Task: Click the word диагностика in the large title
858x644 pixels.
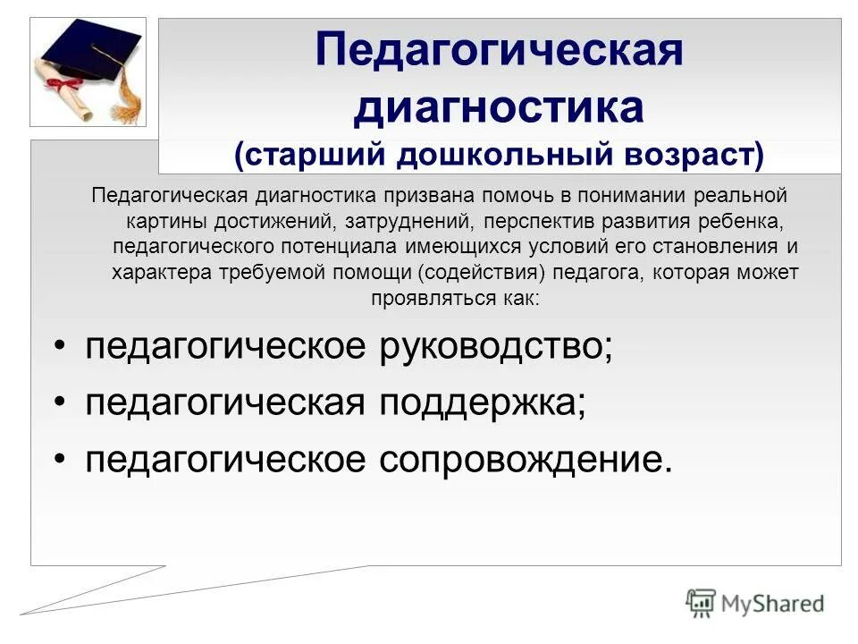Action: tap(499, 108)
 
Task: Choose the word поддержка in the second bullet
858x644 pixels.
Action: tap(479, 403)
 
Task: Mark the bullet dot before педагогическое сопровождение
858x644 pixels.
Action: tap(60, 460)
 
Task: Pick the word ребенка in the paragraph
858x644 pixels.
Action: tap(751, 220)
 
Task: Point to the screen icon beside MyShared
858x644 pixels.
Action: tap(702, 602)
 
